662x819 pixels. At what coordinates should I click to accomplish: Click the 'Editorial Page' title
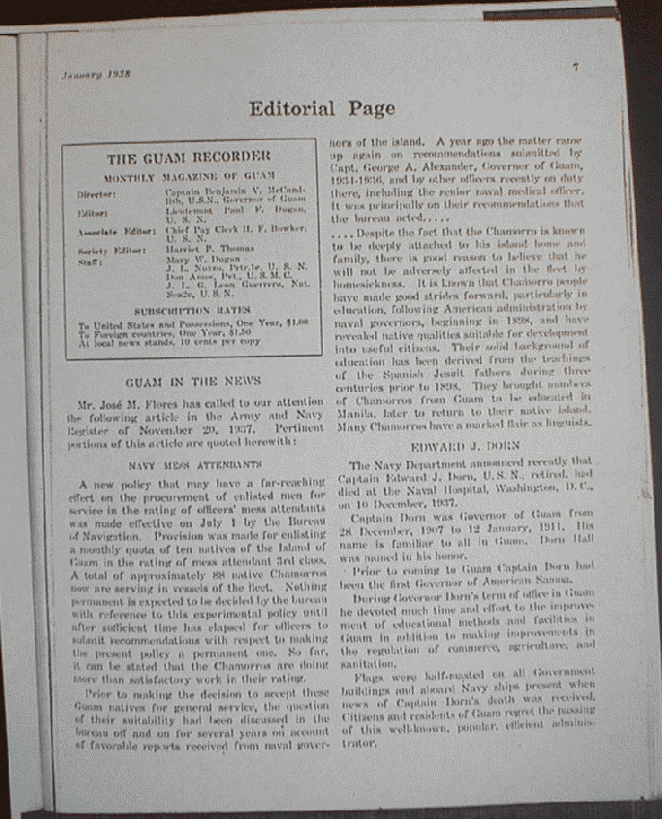click(x=321, y=108)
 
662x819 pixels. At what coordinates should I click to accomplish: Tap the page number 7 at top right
click(x=575, y=67)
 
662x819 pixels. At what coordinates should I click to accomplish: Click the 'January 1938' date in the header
click(x=97, y=75)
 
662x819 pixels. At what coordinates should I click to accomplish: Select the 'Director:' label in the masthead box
click(x=98, y=194)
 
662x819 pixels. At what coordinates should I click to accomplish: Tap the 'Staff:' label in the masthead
click(x=89, y=261)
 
